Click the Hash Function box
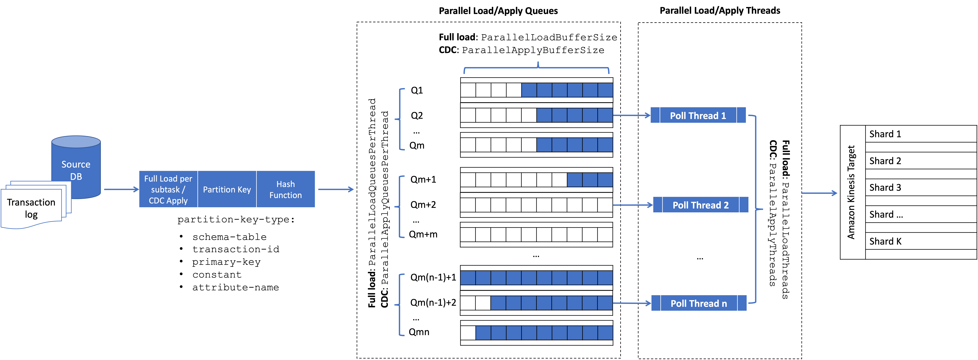pyautogui.click(x=286, y=189)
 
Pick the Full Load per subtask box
pyautogui.click(x=168, y=189)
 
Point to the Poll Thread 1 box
pyautogui.click(x=698, y=115)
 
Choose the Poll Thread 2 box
pyautogui.click(x=701, y=205)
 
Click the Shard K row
pyautogui.click(x=920, y=241)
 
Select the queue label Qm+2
pyautogui.click(x=423, y=205)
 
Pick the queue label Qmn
pyautogui.click(x=419, y=332)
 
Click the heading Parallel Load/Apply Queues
pyautogui.click(x=498, y=11)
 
